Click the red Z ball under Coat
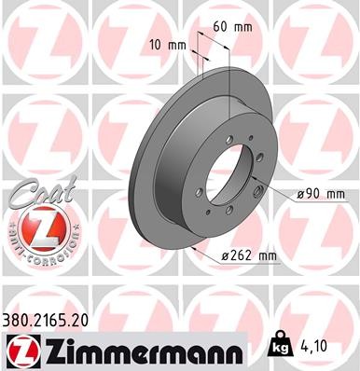[x=35, y=227]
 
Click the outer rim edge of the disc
[x=134, y=177]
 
